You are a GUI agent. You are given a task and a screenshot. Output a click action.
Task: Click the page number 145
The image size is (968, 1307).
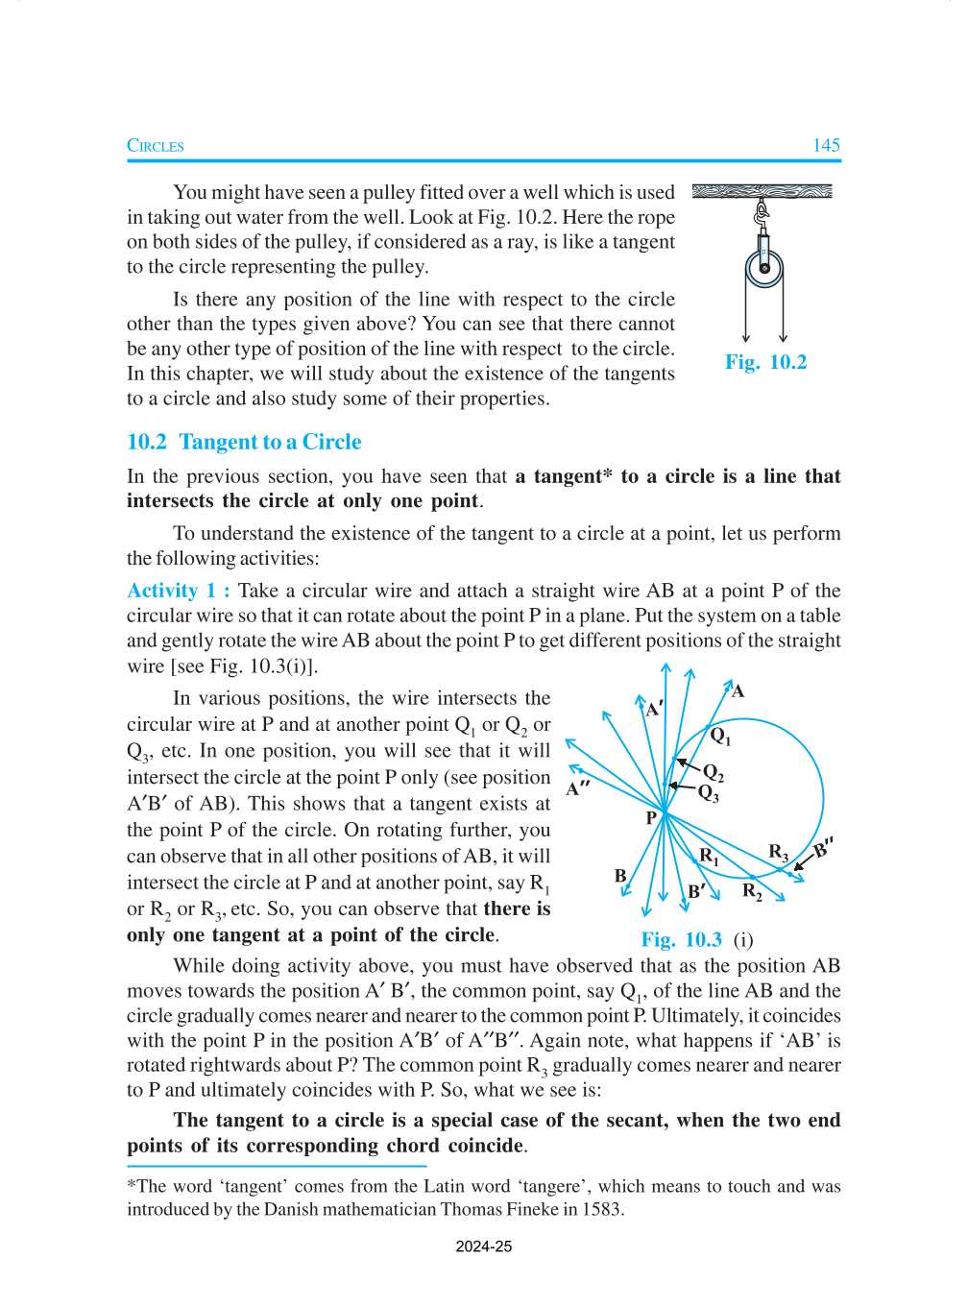pyautogui.click(x=825, y=146)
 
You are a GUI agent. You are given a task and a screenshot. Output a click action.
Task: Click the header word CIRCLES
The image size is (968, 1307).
pyautogui.click(x=156, y=146)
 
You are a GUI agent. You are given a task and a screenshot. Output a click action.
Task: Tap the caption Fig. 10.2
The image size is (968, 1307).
pyautogui.click(x=765, y=362)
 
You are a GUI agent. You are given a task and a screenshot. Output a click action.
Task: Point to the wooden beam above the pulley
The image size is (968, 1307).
pyautogui.click(x=762, y=191)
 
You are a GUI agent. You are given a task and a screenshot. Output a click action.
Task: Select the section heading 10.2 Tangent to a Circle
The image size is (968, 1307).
pyautogui.click(x=244, y=442)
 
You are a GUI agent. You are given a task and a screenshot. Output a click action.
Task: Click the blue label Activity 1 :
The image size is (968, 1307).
pyautogui.click(x=179, y=591)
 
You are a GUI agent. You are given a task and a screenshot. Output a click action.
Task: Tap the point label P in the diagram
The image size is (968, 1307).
pyautogui.click(x=651, y=818)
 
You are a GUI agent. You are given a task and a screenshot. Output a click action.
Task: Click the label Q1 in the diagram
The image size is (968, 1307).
pyautogui.click(x=720, y=737)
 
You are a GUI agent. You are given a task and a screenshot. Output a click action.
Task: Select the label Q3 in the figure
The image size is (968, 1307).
pyautogui.click(x=708, y=793)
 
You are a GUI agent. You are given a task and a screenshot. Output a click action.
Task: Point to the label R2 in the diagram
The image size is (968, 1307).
pyautogui.click(x=752, y=891)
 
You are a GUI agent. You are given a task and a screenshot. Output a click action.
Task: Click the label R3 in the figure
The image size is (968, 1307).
pyautogui.click(x=778, y=852)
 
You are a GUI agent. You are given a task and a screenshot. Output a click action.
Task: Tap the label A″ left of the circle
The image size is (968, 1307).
pyautogui.click(x=577, y=789)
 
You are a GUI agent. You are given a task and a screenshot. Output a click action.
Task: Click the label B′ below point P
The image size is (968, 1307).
pyautogui.click(x=696, y=891)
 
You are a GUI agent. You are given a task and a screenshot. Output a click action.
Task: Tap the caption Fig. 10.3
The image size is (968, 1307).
pyautogui.click(x=681, y=940)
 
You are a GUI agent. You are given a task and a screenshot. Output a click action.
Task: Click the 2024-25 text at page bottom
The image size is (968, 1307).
pyautogui.click(x=483, y=1246)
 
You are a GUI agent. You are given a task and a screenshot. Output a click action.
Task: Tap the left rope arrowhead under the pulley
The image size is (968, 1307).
pyautogui.click(x=746, y=338)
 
